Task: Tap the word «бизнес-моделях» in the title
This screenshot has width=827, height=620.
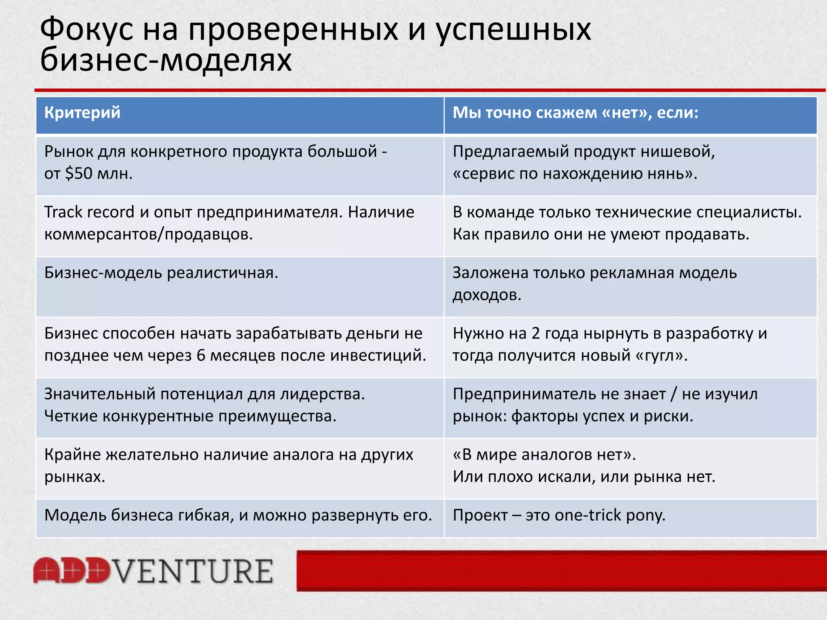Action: click(x=166, y=60)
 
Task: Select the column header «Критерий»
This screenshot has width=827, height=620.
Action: click(x=82, y=112)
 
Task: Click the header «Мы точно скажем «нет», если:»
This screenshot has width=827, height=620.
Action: click(x=575, y=112)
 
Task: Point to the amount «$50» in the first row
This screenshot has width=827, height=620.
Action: click(x=79, y=174)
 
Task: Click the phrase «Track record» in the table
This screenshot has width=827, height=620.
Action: click(x=89, y=212)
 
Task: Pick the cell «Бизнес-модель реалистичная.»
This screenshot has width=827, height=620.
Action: click(x=161, y=273)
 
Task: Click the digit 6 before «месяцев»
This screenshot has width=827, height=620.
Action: click(x=201, y=356)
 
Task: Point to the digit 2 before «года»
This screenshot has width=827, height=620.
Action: click(x=535, y=333)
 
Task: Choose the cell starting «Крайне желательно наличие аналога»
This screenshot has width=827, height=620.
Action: click(x=229, y=465)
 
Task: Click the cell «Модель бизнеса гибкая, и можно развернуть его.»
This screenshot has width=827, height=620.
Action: click(x=238, y=515)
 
